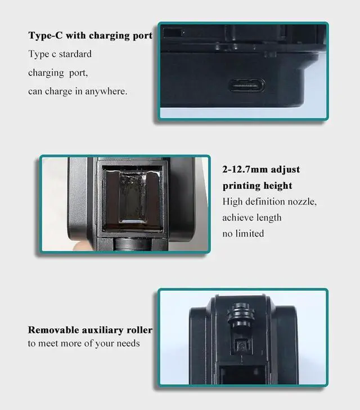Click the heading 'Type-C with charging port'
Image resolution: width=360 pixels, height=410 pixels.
(90, 35)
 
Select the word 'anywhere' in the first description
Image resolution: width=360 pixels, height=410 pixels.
(105, 91)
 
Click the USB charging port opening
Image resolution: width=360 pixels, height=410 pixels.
(246, 86)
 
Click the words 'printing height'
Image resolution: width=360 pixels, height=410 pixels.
(257, 185)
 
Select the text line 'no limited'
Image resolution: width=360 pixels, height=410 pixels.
(243, 233)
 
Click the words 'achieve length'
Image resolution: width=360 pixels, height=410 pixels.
(251, 217)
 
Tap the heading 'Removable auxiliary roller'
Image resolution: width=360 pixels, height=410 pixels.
(90, 330)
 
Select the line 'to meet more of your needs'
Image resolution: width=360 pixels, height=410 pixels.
(84, 343)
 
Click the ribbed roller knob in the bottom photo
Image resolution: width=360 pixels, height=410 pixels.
(238, 313)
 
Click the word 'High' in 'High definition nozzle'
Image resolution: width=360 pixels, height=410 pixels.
(232, 201)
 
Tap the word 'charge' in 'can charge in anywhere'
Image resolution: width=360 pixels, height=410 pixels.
(59, 91)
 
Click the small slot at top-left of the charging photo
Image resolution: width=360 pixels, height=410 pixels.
(175, 32)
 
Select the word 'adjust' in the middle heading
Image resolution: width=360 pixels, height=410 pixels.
(285, 170)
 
